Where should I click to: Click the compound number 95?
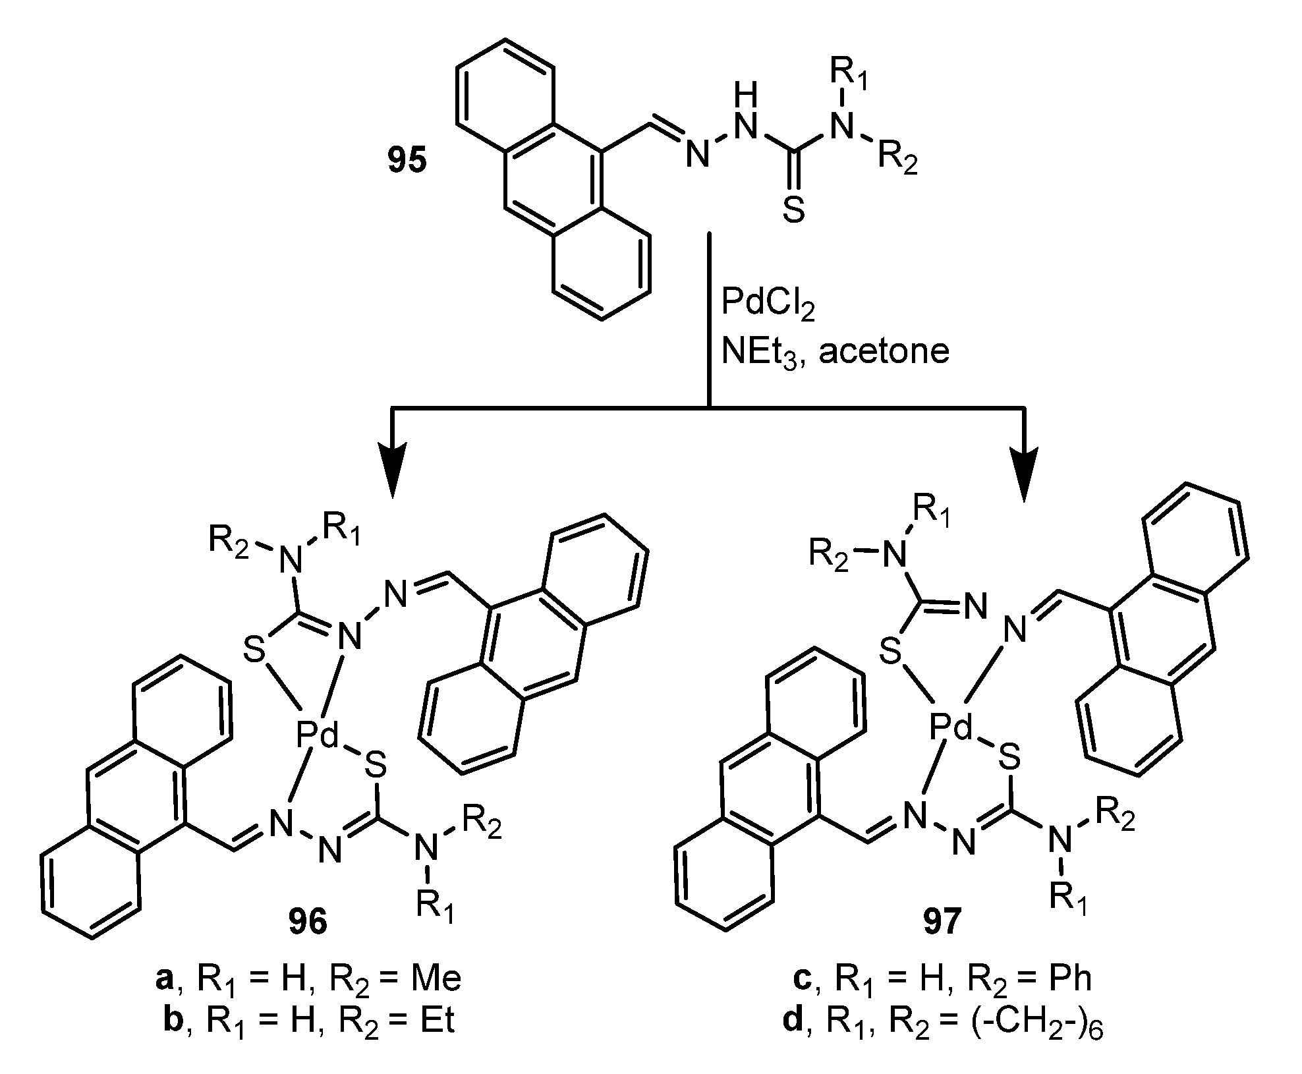407,161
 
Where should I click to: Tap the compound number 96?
308,922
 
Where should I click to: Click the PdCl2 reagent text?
768,305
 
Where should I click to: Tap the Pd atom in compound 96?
317,735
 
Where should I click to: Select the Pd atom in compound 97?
951,729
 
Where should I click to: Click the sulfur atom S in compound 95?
795,212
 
